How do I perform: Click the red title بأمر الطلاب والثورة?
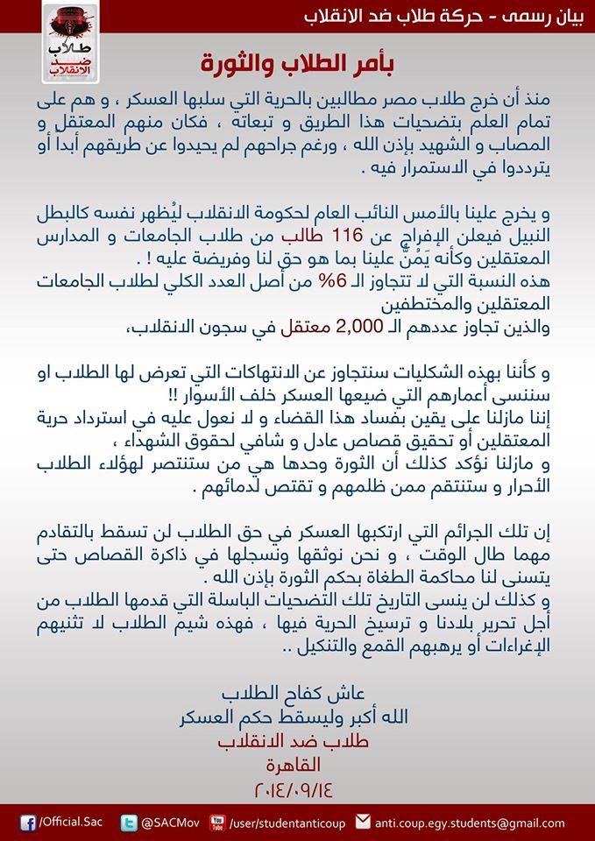[x=297, y=63]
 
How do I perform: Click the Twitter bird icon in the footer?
[x=130, y=822]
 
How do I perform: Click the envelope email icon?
[x=364, y=822]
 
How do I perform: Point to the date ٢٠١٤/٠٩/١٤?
[x=298, y=786]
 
